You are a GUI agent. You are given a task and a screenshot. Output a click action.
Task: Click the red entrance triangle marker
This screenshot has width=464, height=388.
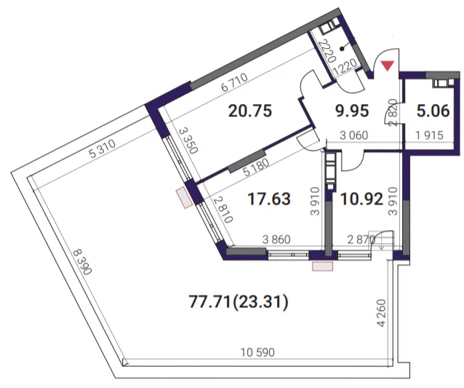388,66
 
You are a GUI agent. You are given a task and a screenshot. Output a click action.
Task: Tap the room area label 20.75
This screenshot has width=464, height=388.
250,111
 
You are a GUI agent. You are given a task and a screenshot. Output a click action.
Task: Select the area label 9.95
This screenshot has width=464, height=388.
352,111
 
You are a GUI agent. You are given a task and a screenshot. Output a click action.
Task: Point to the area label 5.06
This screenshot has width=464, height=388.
433,111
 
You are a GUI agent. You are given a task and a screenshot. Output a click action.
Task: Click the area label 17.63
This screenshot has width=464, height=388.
269,199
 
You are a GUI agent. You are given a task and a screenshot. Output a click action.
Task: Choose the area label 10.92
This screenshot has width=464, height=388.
361,199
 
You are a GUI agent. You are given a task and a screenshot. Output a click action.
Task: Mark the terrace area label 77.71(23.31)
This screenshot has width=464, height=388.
239,303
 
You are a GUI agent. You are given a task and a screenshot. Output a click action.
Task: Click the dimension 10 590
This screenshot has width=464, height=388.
257,352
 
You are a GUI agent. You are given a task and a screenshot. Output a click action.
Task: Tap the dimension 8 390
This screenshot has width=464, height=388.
83,262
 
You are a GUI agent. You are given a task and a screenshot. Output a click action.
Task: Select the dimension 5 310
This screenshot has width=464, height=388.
103,149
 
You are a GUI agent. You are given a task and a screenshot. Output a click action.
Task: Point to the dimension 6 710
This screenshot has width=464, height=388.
234,82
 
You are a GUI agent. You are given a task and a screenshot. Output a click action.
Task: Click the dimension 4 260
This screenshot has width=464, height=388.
382,313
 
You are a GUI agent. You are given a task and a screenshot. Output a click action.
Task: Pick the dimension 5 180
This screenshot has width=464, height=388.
256,167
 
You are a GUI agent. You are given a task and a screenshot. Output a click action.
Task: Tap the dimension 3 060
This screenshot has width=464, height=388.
354,135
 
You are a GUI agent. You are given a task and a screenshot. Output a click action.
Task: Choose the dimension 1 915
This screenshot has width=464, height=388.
429,135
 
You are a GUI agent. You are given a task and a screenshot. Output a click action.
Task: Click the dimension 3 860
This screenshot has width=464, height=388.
276,239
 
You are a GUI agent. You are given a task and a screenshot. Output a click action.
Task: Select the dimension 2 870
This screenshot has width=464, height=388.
361,239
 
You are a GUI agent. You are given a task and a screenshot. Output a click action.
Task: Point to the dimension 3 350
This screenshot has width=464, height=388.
188,140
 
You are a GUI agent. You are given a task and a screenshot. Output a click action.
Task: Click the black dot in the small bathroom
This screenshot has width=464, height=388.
342,50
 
